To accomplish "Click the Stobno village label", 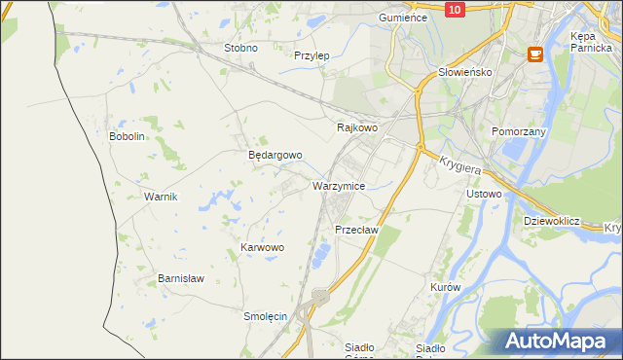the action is pyautogui.click(x=240, y=48).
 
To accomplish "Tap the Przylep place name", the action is pyautogui.click(x=311, y=55).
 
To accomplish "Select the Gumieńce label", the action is pyautogui.click(x=404, y=18).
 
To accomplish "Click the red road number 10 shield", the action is pyautogui.click(x=456, y=9).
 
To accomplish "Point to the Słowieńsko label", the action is pyautogui.click(x=465, y=72).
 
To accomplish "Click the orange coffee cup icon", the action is pyautogui.click(x=534, y=54).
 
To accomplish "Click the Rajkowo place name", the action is pyautogui.click(x=356, y=127).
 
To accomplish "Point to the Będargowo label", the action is pyautogui.click(x=275, y=155).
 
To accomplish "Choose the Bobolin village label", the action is pyautogui.click(x=127, y=136).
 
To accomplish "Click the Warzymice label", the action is pyautogui.click(x=339, y=185).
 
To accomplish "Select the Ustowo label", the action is pyautogui.click(x=484, y=194).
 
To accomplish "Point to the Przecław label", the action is pyautogui.click(x=355, y=230).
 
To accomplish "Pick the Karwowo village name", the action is pyautogui.click(x=262, y=248).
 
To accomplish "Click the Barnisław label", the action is pyautogui.click(x=181, y=278).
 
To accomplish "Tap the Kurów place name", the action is pyautogui.click(x=444, y=288).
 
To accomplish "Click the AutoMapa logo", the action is pyautogui.click(x=556, y=341).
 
